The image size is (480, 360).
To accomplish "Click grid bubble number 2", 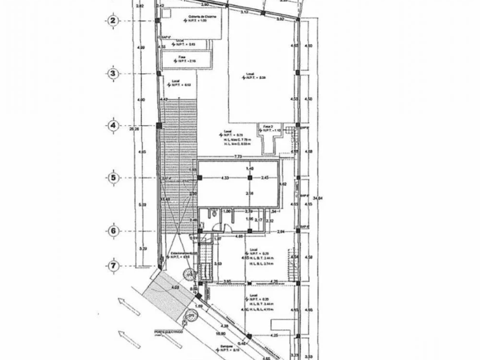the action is tap(113, 21).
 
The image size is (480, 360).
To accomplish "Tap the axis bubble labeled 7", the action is tap(113, 266).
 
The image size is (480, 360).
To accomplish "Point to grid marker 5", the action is tap(113, 178).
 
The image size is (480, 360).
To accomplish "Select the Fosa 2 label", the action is tap(269, 126).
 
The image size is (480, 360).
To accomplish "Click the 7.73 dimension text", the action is tap(239, 156).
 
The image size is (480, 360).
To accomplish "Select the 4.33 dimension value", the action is tap(225, 178).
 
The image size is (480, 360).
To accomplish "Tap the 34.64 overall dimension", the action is tap(319, 198).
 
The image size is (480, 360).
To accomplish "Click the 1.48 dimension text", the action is tap(249, 169).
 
